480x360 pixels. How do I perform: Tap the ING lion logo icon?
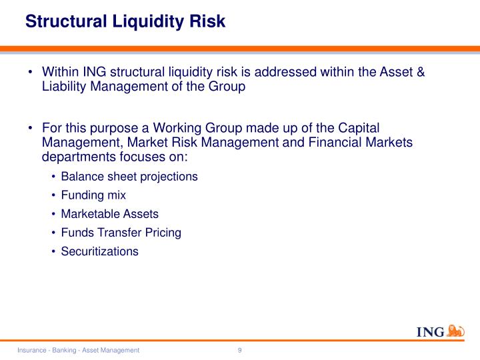tap(456, 331)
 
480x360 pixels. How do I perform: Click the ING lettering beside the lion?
tap(430, 333)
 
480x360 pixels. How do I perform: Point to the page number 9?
tap(239, 350)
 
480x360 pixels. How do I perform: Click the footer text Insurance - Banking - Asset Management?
tap(79, 350)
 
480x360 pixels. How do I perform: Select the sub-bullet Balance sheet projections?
tap(129, 177)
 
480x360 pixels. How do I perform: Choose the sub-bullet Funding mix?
tap(93, 195)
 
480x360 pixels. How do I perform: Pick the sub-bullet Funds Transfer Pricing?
tap(121, 233)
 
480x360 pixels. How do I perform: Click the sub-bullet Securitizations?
tap(99, 251)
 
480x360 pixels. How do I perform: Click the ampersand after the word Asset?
tap(420, 71)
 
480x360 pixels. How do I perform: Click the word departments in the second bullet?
tap(79, 157)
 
